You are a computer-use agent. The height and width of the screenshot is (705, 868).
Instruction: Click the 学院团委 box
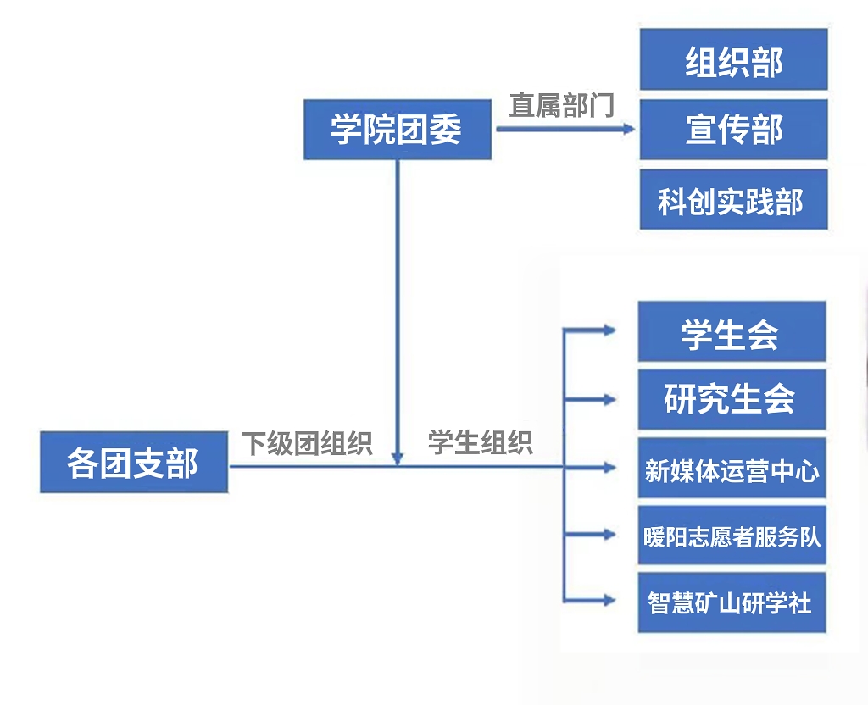point(397,130)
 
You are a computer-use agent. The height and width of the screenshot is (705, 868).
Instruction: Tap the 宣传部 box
point(733,129)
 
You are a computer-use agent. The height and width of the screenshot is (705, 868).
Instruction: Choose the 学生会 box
point(732,331)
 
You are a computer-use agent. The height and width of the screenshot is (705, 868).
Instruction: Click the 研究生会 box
point(732,398)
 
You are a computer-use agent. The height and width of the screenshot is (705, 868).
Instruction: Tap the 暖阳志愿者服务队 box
point(732,536)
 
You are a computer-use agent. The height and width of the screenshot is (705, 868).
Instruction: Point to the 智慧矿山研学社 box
point(732,602)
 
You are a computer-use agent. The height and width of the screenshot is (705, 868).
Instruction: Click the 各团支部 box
point(134,463)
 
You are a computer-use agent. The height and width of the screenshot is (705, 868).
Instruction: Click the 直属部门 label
point(561,105)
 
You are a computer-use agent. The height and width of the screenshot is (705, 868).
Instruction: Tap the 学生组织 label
point(480,442)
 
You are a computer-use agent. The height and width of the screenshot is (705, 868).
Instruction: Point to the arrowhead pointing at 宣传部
point(628,130)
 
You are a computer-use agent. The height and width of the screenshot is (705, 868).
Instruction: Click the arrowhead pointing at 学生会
point(609,331)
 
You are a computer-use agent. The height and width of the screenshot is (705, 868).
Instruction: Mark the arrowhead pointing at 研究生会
point(609,398)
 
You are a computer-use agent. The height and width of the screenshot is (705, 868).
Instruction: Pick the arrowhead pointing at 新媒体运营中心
point(609,466)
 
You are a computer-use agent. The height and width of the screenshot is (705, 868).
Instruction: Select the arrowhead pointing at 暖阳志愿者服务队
point(609,535)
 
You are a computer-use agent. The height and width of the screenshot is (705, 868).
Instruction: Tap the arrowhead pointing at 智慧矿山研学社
point(609,601)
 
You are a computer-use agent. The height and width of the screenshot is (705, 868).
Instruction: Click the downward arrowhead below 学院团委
point(398,458)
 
